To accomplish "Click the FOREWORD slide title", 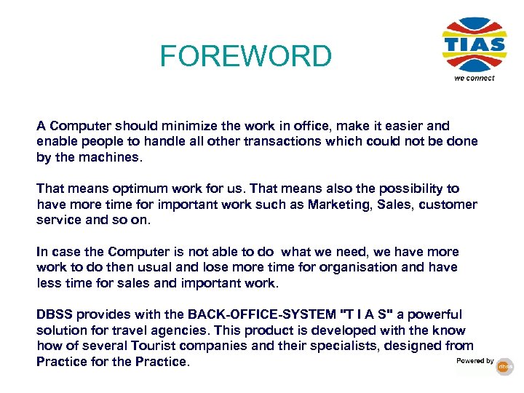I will (245, 55).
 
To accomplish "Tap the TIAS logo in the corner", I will (474, 45).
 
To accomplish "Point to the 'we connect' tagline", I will (474, 78).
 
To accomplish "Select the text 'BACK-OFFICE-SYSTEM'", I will (262, 314).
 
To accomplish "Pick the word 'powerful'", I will (435, 314).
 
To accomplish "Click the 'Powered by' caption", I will (475, 361).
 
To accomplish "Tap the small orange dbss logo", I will (505, 368).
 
